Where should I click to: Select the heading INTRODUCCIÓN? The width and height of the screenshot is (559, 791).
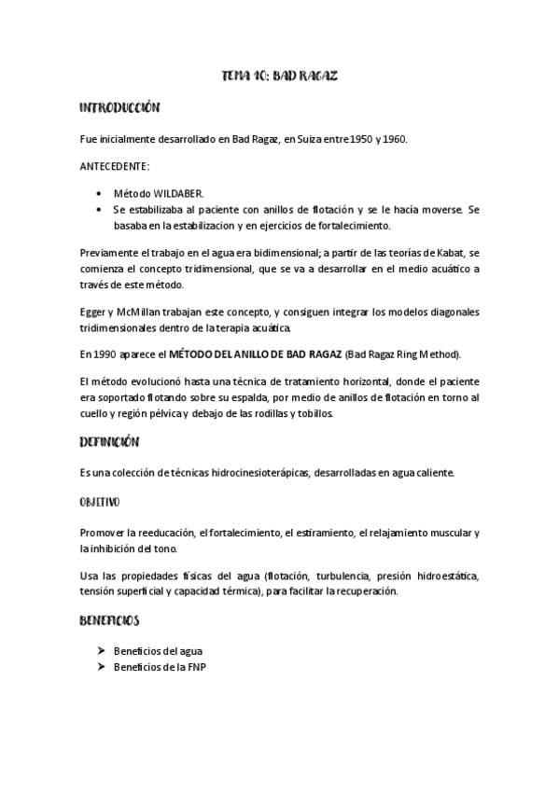120,108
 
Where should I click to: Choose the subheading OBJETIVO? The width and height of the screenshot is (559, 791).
99,502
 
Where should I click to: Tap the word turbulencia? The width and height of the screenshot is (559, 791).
337,576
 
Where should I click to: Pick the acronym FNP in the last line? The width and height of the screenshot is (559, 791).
195,668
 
